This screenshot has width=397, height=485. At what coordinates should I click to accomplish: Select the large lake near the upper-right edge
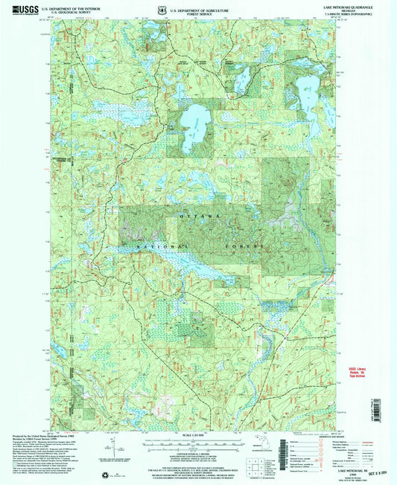(305, 94)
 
